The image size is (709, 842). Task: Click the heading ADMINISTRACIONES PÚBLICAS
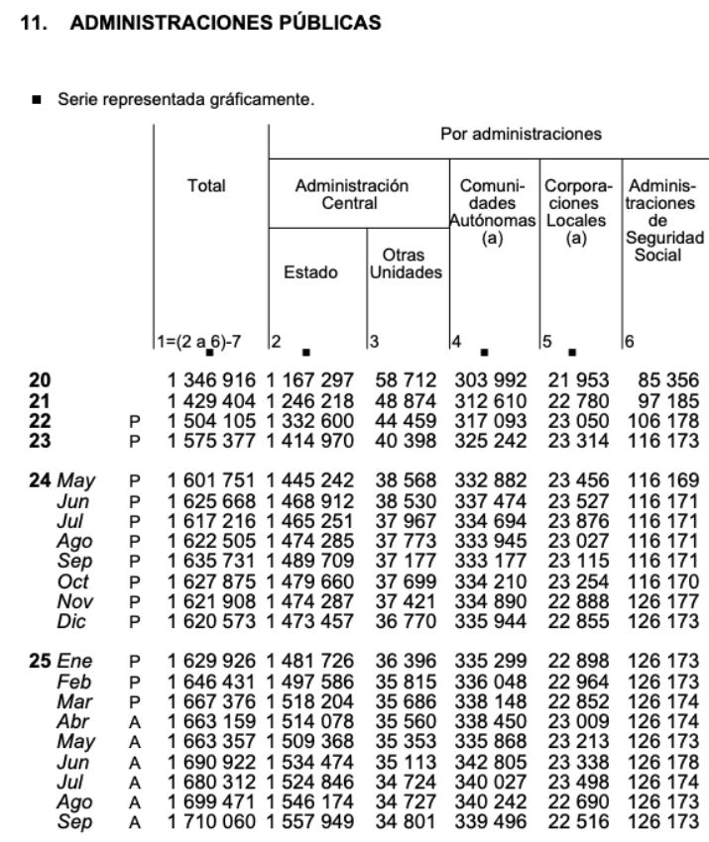point(225,25)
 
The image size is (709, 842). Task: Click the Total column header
point(206,185)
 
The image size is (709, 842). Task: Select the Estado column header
point(310,272)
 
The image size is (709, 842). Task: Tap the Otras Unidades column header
point(405,263)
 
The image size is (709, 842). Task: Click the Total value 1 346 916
point(211,379)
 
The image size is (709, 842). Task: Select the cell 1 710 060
point(211,822)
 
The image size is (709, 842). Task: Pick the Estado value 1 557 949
point(310,822)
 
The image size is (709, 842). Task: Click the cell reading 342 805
point(492,762)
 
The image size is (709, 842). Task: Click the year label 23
point(40,440)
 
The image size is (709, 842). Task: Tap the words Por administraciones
point(521,134)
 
